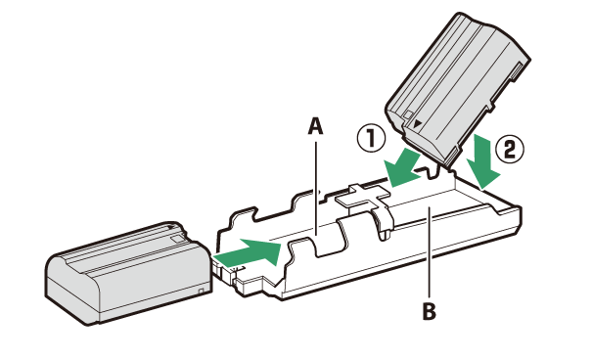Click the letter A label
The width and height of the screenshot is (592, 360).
316,126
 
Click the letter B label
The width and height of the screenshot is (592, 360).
429,312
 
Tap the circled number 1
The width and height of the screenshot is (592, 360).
372,139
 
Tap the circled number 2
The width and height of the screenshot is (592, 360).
510,150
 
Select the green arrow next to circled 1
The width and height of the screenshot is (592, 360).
402,168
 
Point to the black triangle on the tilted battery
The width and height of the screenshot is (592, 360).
417,123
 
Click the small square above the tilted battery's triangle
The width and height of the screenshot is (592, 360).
408,114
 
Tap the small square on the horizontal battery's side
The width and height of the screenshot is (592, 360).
201,291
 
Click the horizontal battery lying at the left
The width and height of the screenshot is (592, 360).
128,273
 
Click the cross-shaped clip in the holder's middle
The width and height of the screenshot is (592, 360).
362,197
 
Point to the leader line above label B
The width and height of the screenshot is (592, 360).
430,252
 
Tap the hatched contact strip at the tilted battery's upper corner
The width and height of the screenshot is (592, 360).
517,72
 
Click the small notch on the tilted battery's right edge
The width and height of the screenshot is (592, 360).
490,105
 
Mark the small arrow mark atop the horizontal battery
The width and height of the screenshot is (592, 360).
171,227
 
